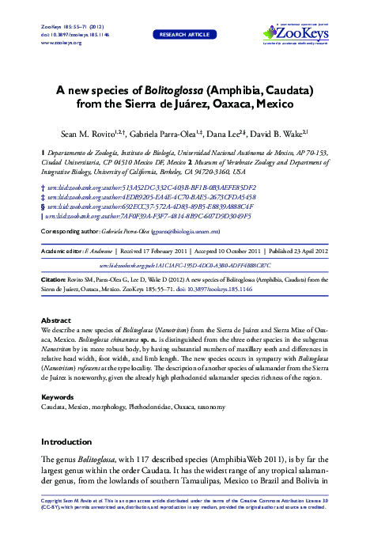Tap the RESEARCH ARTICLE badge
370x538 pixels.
click(184, 34)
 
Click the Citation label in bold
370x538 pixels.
click(56, 280)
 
